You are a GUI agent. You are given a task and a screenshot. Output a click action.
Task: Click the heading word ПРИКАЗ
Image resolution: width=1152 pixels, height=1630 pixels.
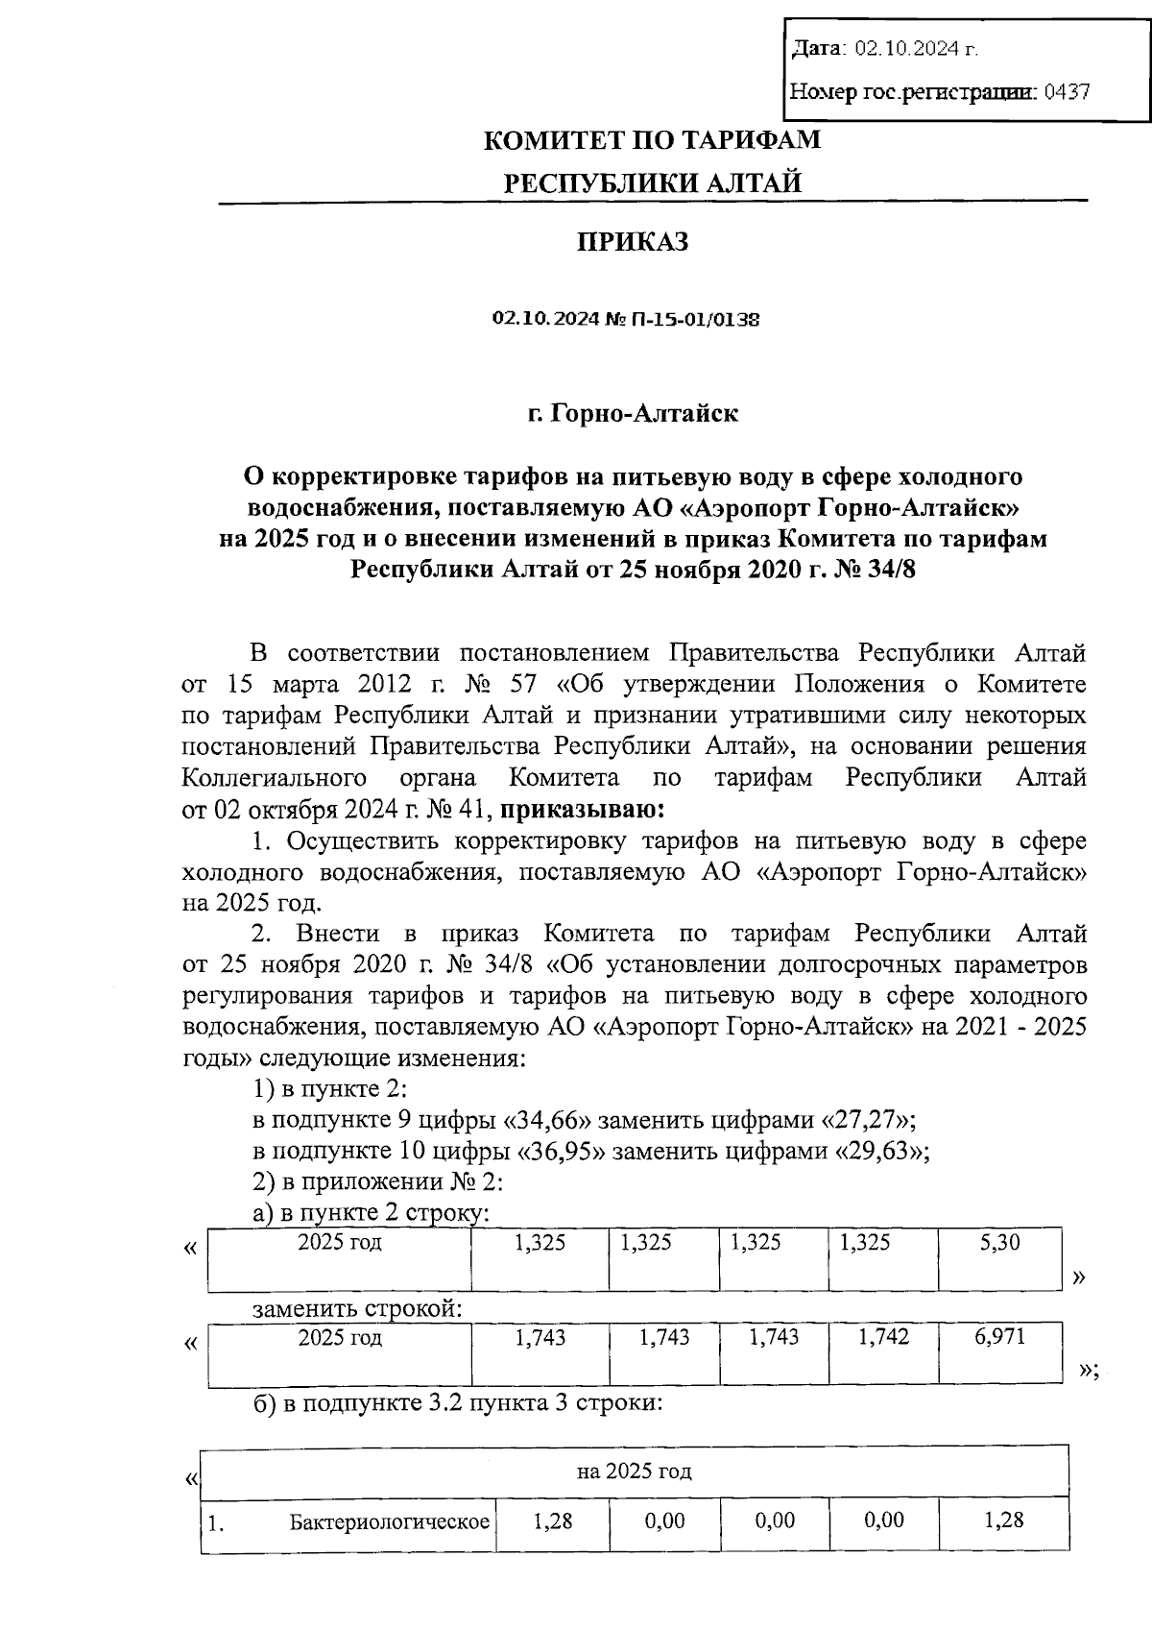(x=632, y=242)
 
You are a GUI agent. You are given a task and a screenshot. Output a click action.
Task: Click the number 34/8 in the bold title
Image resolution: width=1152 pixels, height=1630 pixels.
(x=888, y=570)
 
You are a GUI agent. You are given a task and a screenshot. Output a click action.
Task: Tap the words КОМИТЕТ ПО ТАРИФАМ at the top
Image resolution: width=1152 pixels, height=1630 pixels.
(x=652, y=140)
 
